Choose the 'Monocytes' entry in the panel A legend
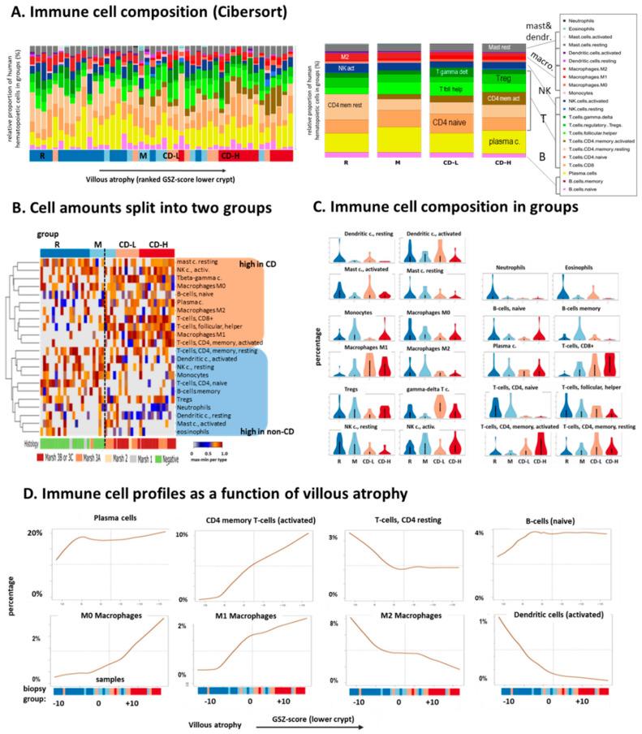tap(580, 83)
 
